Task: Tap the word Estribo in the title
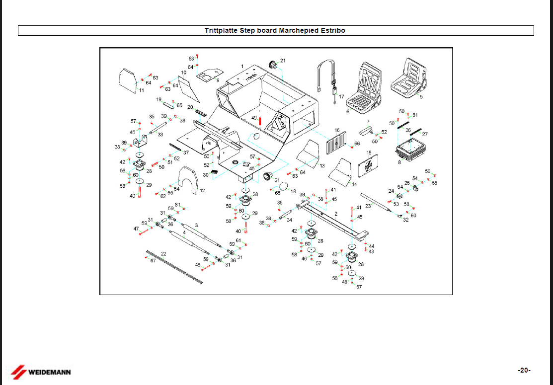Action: (x=331, y=30)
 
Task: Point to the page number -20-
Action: (x=524, y=370)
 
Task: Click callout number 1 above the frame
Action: (x=242, y=66)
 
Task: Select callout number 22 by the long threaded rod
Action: (x=163, y=253)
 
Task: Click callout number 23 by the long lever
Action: (x=368, y=206)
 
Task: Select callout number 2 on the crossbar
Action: (x=336, y=213)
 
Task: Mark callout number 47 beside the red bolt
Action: (x=136, y=229)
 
